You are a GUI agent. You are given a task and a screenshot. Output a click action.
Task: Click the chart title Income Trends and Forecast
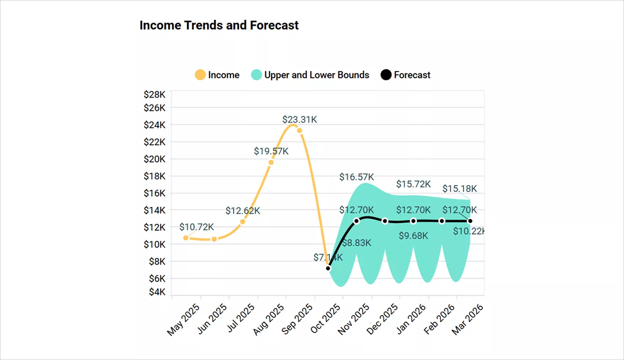click(219, 25)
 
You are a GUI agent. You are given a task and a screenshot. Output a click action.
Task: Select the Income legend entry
click(217, 75)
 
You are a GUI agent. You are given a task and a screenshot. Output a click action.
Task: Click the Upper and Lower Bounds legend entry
click(310, 75)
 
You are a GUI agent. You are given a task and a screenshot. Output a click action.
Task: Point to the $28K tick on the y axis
click(155, 95)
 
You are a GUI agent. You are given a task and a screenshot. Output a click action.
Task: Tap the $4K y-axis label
click(157, 292)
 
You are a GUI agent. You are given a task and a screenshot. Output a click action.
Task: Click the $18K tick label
click(155, 176)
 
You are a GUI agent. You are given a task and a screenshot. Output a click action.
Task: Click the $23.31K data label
click(299, 119)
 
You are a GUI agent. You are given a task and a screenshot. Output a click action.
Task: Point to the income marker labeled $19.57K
click(271, 162)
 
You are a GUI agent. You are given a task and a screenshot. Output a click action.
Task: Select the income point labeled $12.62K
click(243, 222)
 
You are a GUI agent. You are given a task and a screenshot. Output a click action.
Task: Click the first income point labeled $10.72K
click(186, 238)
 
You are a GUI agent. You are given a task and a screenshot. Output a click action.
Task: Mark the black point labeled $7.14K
click(328, 268)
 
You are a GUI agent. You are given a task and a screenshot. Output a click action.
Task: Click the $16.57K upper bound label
click(357, 177)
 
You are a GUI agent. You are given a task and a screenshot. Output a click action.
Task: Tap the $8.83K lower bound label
click(357, 243)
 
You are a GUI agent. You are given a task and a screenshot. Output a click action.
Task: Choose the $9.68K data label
click(413, 236)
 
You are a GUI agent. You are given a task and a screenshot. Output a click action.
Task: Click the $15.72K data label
click(413, 184)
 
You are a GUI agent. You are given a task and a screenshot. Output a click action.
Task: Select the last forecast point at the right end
click(470, 221)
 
